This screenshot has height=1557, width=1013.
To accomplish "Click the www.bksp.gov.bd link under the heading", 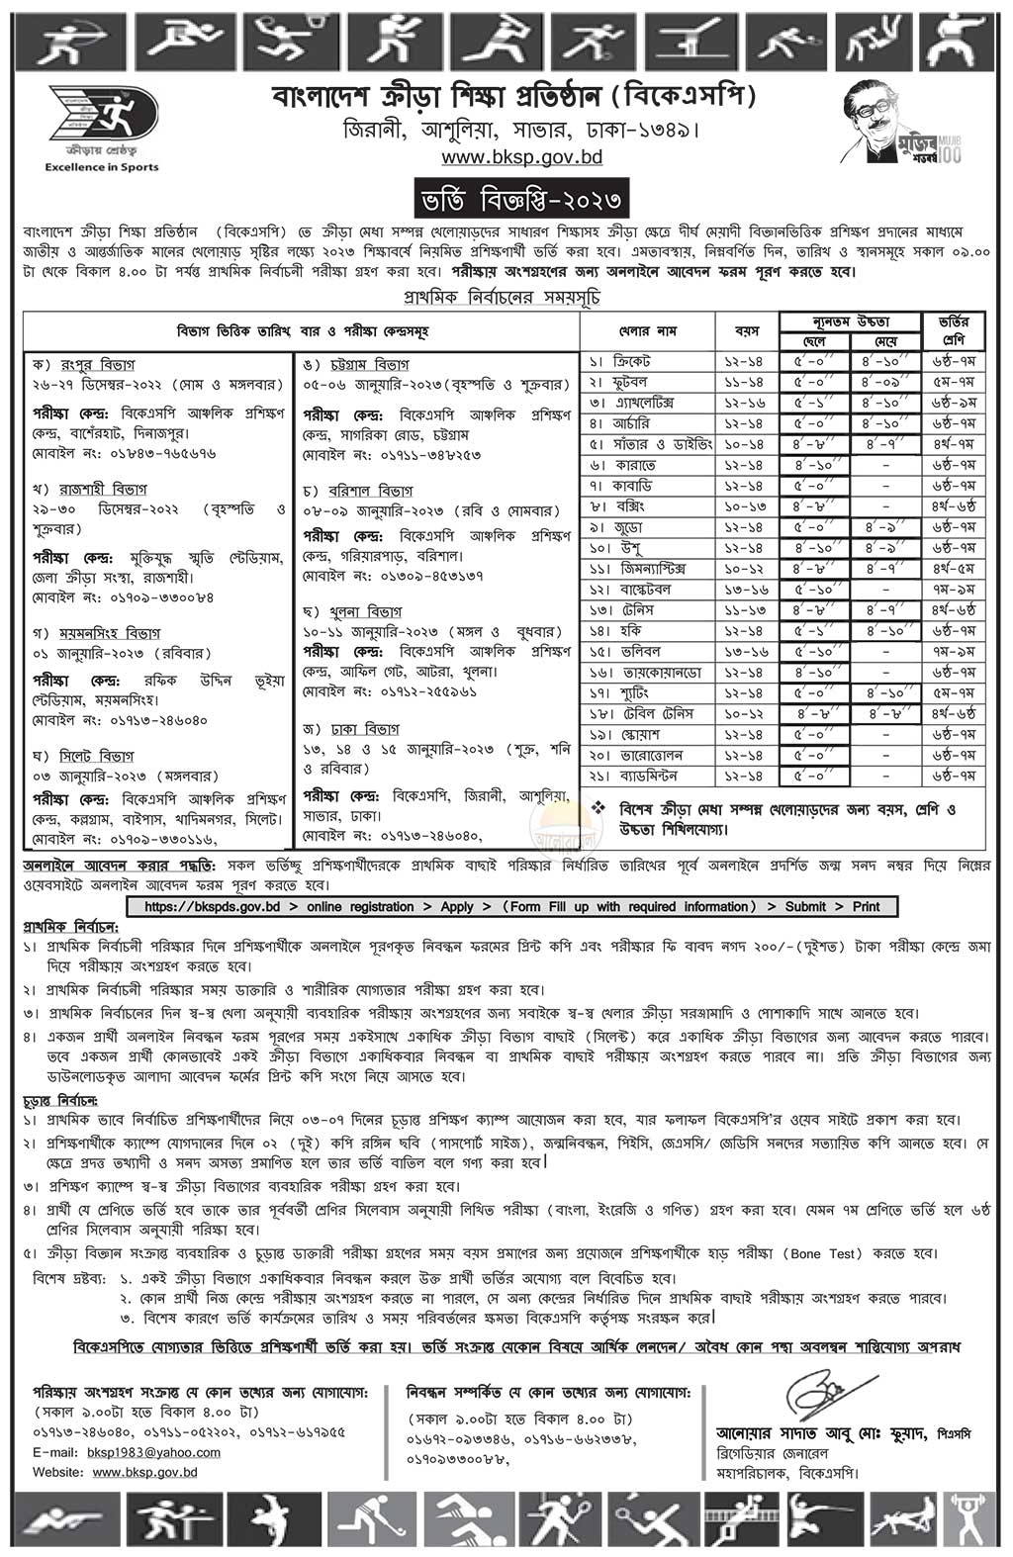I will (x=507, y=157).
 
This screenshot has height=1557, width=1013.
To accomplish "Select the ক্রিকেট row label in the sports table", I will (x=634, y=362).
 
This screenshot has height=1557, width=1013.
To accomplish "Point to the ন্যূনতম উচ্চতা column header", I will (x=850, y=321).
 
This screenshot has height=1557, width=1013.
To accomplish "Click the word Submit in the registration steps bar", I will (x=805, y=906).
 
